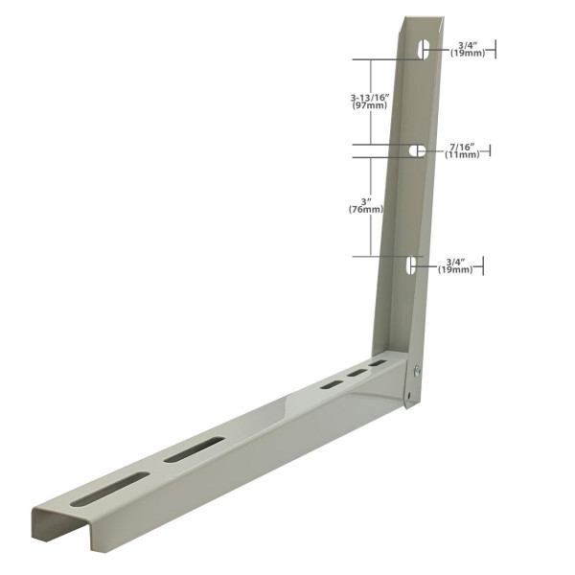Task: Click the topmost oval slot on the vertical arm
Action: (x=422, y=49)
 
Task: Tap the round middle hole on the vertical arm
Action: (x=418, y=151)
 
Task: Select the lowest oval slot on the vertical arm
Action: (x=411, y=265)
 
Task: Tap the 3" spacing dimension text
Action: (x=366, y=200)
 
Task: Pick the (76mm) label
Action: (x=366, y=210)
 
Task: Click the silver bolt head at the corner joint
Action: (x=417, y=370)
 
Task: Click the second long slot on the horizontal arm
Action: (x=194, y=448)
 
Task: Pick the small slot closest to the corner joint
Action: (x=379, y=365)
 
